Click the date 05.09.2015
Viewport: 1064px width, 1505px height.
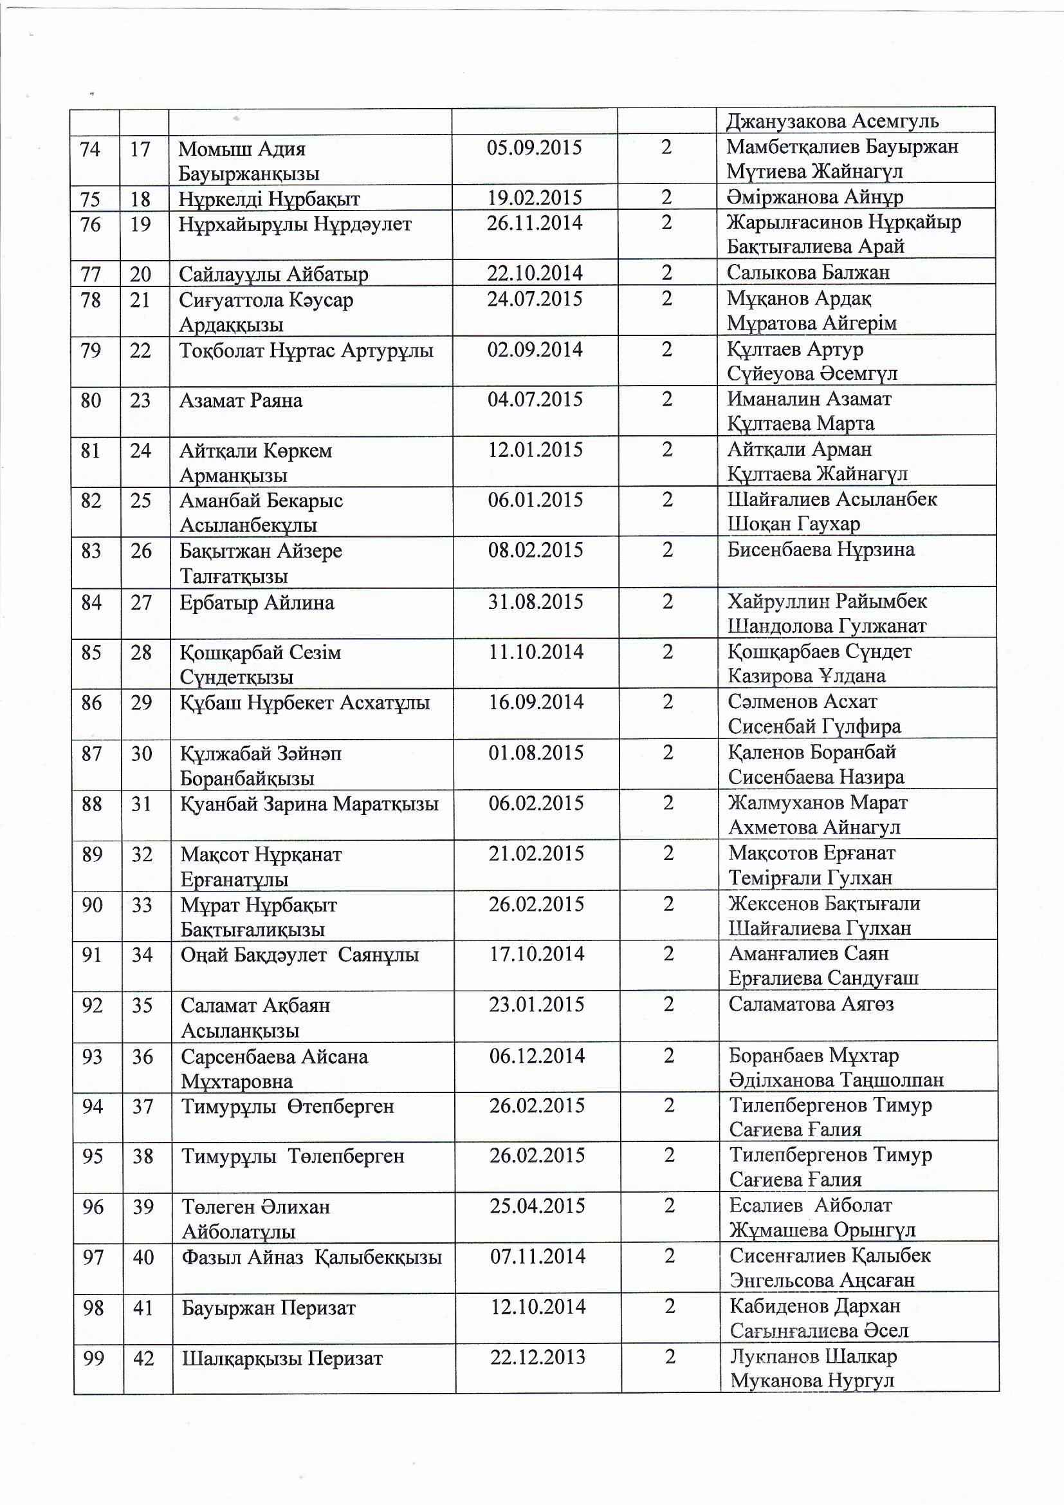pyautogui.click(x=534, y=147)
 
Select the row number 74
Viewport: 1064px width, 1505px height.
pyautogui.click(x=91, y=149)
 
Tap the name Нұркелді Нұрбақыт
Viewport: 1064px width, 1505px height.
pyautogui.click(x=270, y=199)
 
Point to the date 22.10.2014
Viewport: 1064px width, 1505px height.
pyautogui.click(x=535, y=274)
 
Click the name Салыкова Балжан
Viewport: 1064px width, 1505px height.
pyautogui.click(x=808, y=272)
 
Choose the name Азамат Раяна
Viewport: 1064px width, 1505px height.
pyautogui.click(x=241, y=400)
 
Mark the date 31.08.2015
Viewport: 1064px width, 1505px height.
pyautogui.click(x=535, y=602)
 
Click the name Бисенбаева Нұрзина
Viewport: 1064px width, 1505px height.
pyautogui.click(x=821, y=549)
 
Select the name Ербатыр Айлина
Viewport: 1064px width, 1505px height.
pyautogui.click(x=257, y=603)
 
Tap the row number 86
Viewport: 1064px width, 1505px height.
pyautogui.click(x=92, y=703)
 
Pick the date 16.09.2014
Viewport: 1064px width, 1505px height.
pyautogui.click(x=536, y=702)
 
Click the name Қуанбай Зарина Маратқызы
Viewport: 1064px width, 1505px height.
pyautogui.click(x=309, y=803)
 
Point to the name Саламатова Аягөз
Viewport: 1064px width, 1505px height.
pyautogui.click(x=811, y=1004)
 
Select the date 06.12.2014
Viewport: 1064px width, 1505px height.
pyautogui.click(x=537, y=1055)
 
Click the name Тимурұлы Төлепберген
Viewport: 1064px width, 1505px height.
pyautogui.click(x=293, y=1156)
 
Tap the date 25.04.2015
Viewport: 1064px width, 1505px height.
pyautogui.click(x=537, y=1206)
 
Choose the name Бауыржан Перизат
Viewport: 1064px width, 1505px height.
pyautogui.click(x=269, y=1309)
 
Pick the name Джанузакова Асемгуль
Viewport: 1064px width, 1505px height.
pyautogui.click(x=832, y=121)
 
